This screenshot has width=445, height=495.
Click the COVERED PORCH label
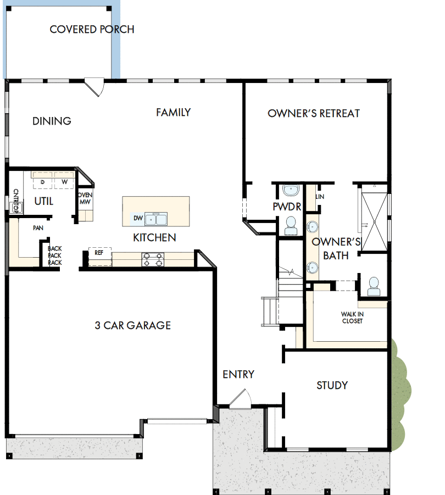[92, 29]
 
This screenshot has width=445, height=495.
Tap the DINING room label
[52, 121]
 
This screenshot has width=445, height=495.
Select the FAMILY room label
[173, 113]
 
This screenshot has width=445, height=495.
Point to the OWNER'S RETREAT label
[313, 114]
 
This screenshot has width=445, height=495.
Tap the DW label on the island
[138, 219]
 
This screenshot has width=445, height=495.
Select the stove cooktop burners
[153, 259]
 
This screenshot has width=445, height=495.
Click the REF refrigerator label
[99, 253]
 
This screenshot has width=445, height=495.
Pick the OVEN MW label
[85, 199]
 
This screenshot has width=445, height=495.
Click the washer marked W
[65, 181]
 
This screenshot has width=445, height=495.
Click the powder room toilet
[290, 225]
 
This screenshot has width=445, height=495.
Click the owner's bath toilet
[374, 286]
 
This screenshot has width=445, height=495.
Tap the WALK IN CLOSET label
[352, 318]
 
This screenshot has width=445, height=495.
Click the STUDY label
[332, 385]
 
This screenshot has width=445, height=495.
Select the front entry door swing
[240, 399]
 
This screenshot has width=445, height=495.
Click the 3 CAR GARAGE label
[132, 325]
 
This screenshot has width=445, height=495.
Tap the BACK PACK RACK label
[54, 255]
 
